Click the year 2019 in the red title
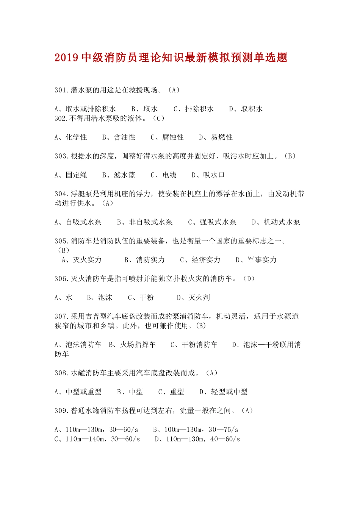tap(66, 58)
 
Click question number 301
tap(61, 90)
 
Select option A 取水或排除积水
tap(85, 109)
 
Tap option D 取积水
tap(246, 109)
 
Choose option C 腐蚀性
tap(167, 137)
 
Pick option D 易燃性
tap(216, 137)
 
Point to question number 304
tap(61, 194)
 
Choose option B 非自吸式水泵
tap(145, 222)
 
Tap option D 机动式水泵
tap(276, 222)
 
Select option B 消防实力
tap(145, 260)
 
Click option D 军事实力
tap(256, 260)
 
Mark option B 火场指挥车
tap(132, 345)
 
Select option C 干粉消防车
tap(194, 345)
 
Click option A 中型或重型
tap(78, 392)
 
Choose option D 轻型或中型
tap(224, 392)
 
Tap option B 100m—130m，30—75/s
tap(196, 430)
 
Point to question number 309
tap(61, 411)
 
